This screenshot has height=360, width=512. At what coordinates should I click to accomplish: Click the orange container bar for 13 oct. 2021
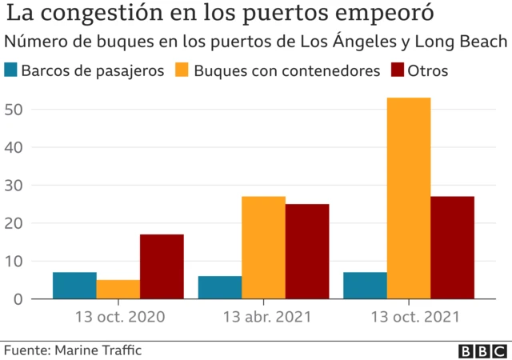pos(409,198)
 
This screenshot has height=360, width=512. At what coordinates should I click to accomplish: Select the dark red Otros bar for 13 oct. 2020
pos(162,266)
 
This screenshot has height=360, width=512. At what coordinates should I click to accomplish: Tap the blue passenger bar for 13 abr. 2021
pos(220,287)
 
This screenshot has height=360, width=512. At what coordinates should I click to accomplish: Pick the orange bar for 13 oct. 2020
pos(118,289)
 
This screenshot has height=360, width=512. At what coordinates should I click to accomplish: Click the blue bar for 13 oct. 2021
pos(366,286)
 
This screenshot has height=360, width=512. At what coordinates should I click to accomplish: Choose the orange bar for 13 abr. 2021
pos(263,247)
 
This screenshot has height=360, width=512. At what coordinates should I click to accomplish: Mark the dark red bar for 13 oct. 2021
pos(452,247)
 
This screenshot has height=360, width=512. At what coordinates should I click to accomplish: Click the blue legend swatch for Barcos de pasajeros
pos(10,70)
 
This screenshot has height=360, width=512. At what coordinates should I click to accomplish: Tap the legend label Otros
pos(427,70)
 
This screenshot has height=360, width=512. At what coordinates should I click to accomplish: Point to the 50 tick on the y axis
pos(14,110)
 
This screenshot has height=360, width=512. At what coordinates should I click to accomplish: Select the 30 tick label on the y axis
pos(14,186)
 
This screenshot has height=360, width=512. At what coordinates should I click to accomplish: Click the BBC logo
pos(482,350)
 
